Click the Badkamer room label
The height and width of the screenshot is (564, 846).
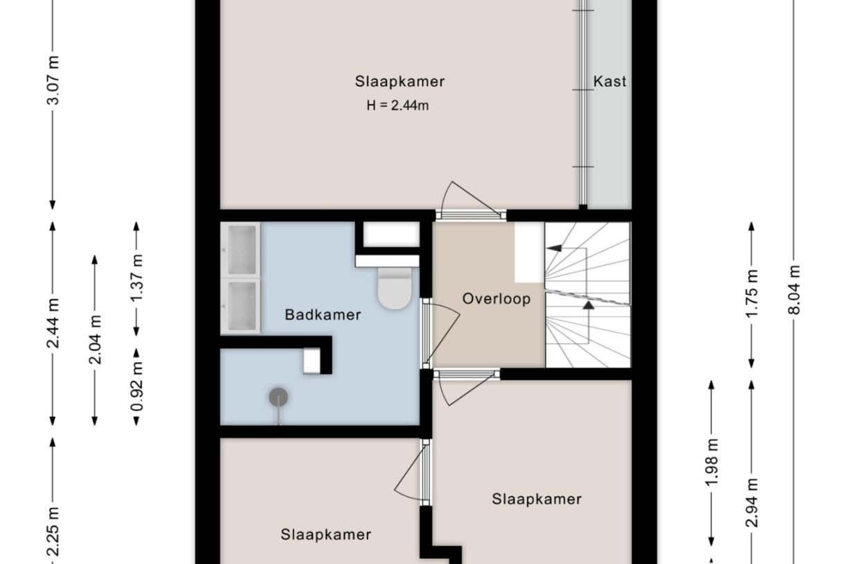[x=322, y=315]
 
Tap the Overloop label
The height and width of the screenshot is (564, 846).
[x=497, y=299]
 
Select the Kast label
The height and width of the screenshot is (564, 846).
[x=610, y=81]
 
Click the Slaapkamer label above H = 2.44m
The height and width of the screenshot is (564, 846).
[x=399, y=81]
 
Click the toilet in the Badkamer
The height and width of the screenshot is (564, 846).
[x=395, y=288]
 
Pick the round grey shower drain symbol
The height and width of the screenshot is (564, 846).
[x=278, y=398]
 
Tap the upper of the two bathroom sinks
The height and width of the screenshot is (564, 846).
[x=241, y=249]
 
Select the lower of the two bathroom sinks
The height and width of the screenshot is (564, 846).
[x=241, y=306]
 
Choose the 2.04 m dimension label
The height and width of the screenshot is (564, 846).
[x=95, y=340]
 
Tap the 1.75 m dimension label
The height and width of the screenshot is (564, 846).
[x=752, y=294]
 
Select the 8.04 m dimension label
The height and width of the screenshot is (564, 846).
[x=795, y=289]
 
